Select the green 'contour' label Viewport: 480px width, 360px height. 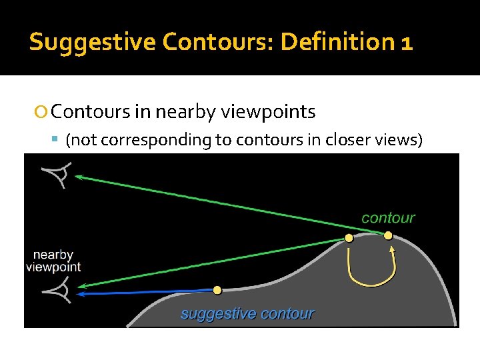pos(388,218)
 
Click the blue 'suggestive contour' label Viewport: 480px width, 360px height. pos(247,313)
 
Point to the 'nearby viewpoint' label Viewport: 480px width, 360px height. pos(53,261)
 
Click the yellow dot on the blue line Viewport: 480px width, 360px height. pos(217,290)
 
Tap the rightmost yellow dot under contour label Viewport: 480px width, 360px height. pos(388,235)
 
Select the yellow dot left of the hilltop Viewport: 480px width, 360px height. pos(349,238)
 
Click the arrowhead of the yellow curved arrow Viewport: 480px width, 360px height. pos(392,251)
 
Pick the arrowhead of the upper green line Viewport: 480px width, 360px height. pos(78,177)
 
